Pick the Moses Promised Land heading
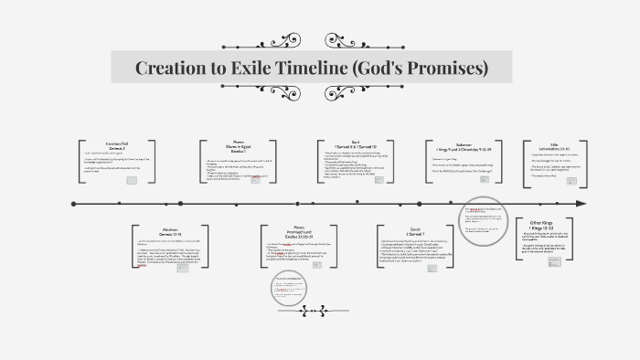(x=296, y=232)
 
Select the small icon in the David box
(x=442, y=275)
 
